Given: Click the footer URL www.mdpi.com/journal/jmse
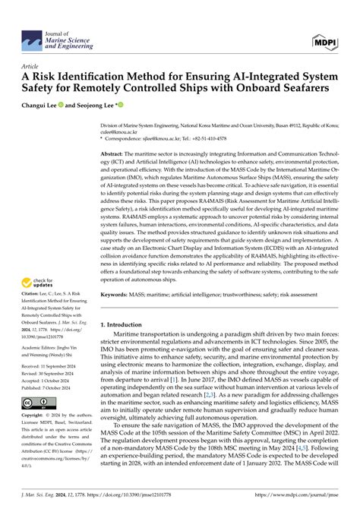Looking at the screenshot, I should click(x=304, y=502).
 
